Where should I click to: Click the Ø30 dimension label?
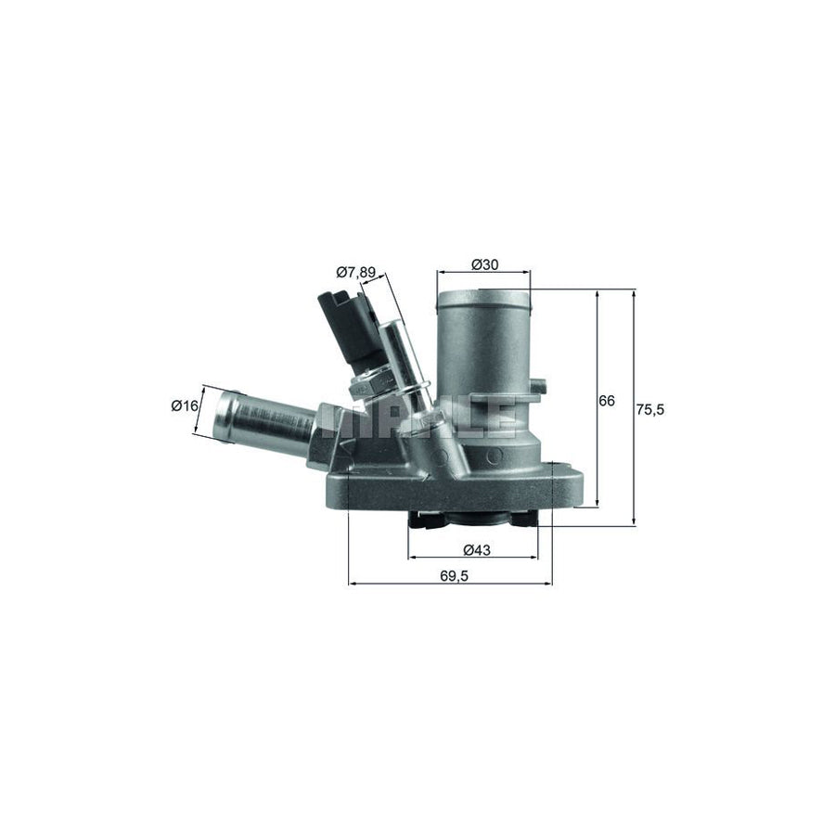pyautogui.click(x=484, y=264)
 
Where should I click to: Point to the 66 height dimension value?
pyautogui.click(x=607, y=401)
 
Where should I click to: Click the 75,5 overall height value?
pyautogui.click(x=652, y=408)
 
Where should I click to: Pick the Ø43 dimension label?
pyautogui.click(x=475, y=549)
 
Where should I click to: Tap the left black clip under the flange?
pyautogui.click(x=421, y=521)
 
